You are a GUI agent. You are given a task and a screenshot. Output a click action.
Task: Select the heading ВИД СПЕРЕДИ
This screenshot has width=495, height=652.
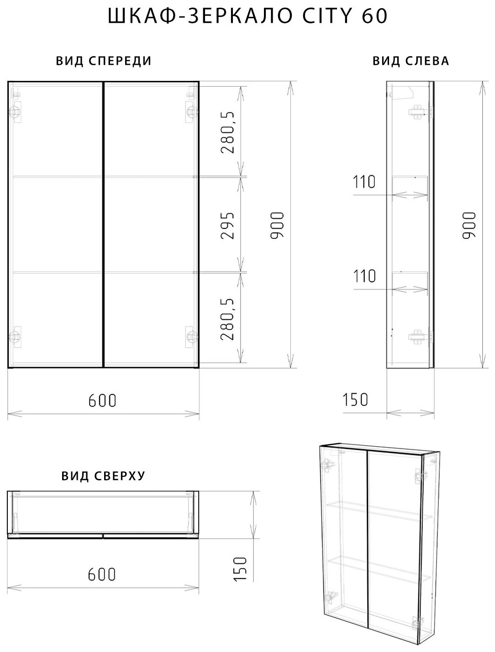point(104,61)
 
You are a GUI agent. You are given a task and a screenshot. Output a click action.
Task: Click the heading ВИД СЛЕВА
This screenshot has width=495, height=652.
point(411,61)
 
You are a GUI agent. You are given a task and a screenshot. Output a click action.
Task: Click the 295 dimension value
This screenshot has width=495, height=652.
point(227,226)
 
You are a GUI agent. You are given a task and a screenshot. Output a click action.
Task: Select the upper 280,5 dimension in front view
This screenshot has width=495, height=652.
point(227,132)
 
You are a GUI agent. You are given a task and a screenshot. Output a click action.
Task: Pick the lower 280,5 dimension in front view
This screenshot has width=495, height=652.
point(227,319)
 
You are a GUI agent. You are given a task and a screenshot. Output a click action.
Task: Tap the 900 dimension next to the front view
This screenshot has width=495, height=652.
point(277,225)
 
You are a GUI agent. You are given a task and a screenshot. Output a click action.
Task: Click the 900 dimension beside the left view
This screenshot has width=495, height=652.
point(469,225)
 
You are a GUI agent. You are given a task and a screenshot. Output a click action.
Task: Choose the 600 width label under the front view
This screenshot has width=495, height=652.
point(102,401)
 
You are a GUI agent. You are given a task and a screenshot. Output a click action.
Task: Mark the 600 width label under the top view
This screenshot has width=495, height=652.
point(101,574)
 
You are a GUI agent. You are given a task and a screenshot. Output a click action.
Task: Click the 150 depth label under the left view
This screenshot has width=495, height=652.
point(355,400)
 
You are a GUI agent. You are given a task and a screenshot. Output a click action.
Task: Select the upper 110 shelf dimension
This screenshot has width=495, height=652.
point(364,181)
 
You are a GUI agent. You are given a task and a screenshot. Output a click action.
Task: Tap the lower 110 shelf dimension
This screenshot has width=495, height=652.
point(364,276)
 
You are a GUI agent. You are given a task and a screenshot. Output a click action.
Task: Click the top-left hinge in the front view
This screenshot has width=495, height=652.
point(15,112)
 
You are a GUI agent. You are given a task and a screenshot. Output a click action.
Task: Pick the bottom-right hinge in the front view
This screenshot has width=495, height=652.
point(191,337)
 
